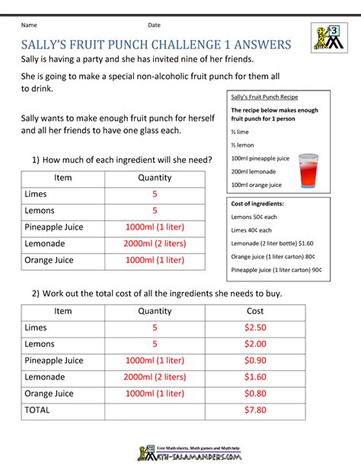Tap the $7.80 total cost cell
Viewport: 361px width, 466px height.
256,410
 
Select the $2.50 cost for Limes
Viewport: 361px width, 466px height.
256,328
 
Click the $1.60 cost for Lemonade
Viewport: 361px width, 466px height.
256,376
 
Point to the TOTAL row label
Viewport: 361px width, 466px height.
37,410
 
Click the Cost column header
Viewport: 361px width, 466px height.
256,311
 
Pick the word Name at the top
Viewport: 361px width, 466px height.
30,25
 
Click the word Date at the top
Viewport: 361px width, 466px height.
155,25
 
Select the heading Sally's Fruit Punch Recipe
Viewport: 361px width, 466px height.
264,97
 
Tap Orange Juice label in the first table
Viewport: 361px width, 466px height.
50,260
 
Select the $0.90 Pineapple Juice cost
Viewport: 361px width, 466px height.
256,360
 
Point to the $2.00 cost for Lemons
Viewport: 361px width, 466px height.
256,344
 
